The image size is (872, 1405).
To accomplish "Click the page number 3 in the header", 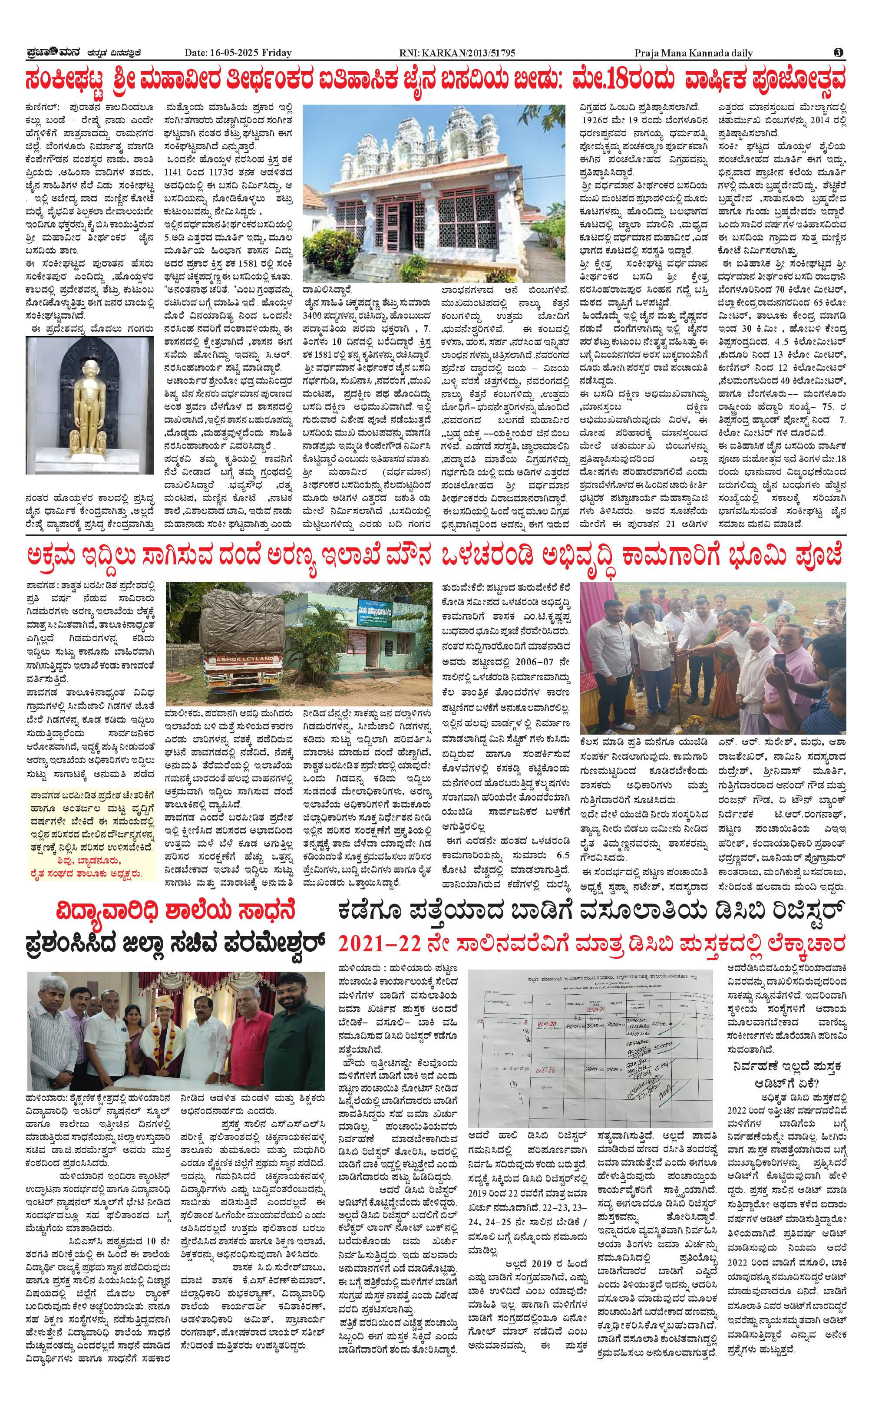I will [x=839, y=53].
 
